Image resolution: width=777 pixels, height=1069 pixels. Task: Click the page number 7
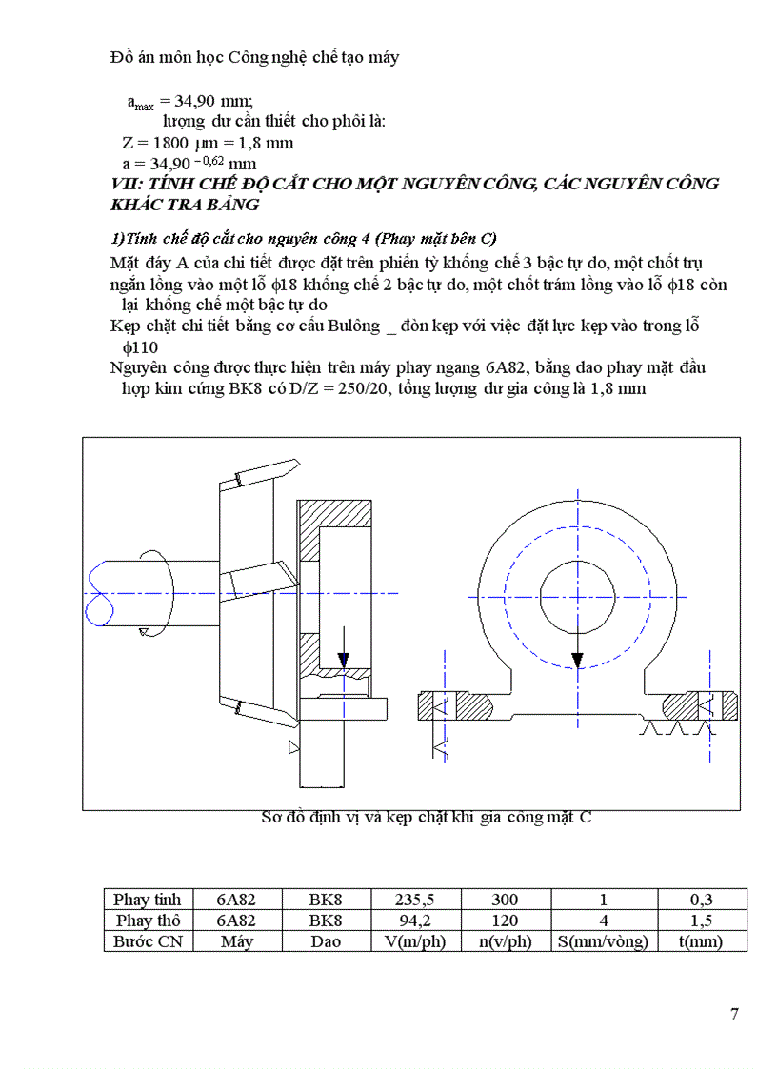(x=734, y=1013)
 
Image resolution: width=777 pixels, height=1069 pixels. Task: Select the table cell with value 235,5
(x=414, y=900)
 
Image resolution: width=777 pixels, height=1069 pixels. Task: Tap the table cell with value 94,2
(x=414, y=921)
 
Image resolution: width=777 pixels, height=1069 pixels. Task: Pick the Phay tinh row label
(x=148, y=900)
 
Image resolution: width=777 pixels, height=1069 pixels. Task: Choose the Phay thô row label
(x=148, y=921)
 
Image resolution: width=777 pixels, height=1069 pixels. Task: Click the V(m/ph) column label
(x=414, y=941)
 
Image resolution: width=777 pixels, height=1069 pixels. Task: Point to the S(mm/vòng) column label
(x=603, y=941)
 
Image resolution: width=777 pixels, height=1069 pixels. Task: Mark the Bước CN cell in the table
(x=148, y=941)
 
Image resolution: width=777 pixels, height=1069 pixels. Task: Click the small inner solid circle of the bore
(x=576, y=596)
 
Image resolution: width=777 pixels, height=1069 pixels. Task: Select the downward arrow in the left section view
(x=344, y=654)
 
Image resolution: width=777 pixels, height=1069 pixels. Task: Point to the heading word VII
(x=125, y=184)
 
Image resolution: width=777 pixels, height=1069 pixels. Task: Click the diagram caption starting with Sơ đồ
(x=426, y=817)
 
